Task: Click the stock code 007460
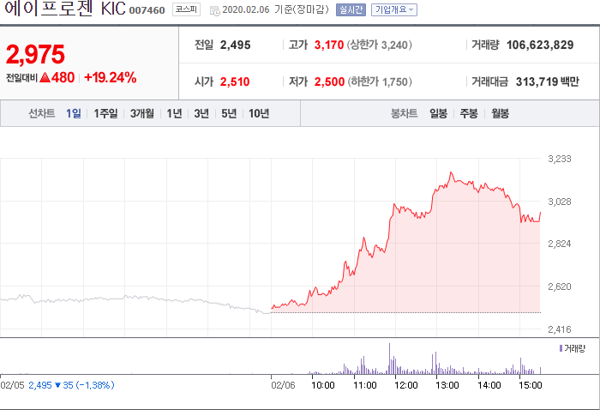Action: [147, 10]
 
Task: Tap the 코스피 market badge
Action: [186, 9]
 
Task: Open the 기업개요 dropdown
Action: [394, 9]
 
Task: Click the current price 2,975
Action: [35, 54]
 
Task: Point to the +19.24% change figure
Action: [111, 77]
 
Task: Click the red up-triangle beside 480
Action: [45, 78]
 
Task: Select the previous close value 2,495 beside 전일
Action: [236, 45]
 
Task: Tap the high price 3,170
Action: [329, 45]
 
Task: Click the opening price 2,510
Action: [235, 81]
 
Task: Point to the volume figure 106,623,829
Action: [540, 45]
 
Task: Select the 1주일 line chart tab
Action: [105, 113]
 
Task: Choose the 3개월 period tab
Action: [142, 113]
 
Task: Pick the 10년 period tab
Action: [259, 113]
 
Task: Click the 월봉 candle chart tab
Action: [500, 113]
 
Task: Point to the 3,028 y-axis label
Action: [560, 202]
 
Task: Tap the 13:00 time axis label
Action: [447, 385]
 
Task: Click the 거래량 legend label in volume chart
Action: [574, 348]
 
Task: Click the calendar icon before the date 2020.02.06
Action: [214, 11]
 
